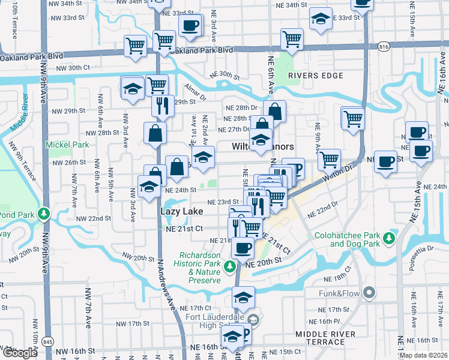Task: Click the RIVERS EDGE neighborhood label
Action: pos(315,76)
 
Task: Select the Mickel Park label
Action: pos(68,145)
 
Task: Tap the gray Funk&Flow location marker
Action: pos(369,293)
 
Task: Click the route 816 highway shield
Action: pos(384,46)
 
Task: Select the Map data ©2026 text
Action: pos(423,355)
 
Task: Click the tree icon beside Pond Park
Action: pos(43,214)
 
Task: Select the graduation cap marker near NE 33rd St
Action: pos(321,19)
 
